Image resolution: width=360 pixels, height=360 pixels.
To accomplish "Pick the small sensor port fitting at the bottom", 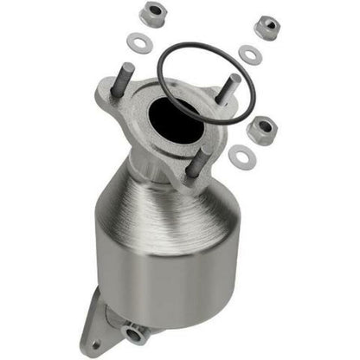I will [x=136, y=332].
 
